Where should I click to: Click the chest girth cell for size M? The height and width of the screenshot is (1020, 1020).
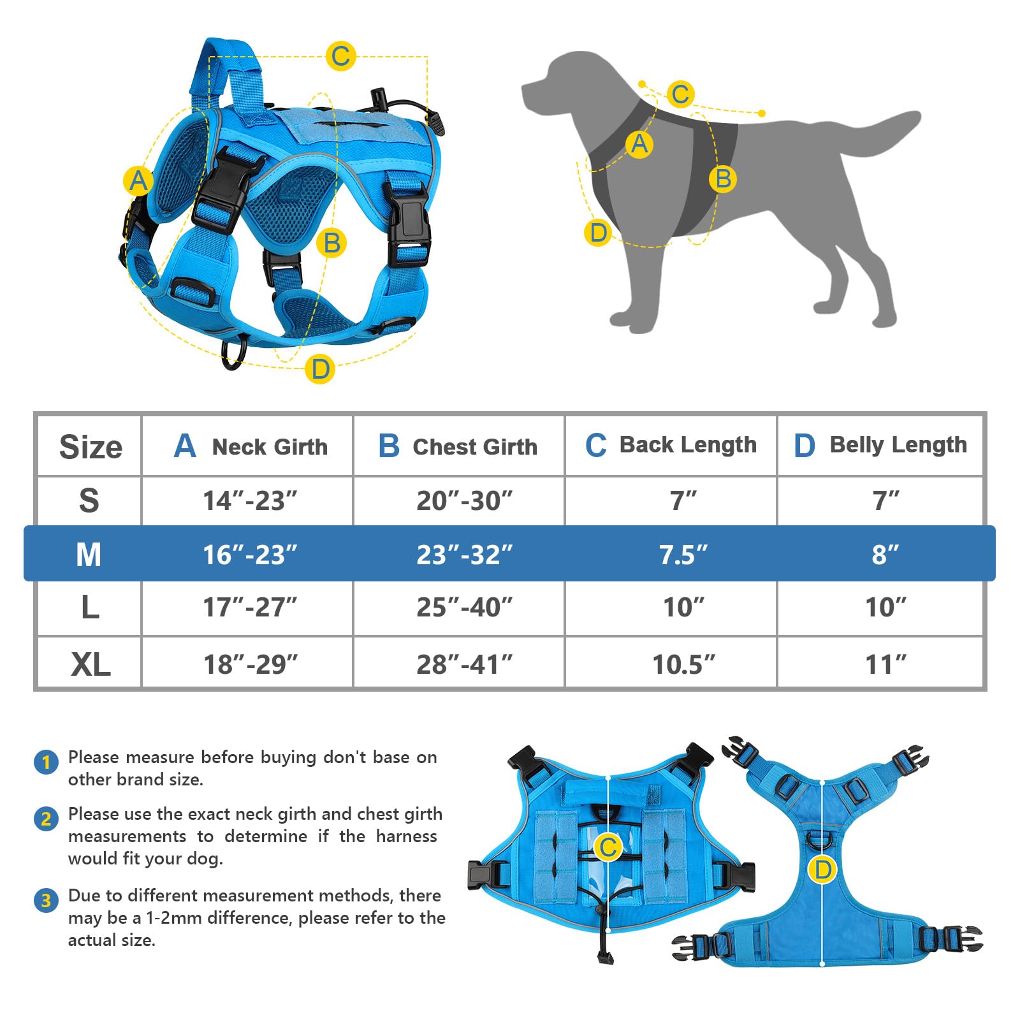pos(464,555)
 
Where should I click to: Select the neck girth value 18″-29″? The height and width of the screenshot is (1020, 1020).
pos(250,664)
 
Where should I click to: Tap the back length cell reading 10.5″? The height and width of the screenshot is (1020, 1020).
pos(683,664)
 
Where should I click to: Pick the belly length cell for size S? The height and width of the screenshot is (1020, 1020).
pos(885,500)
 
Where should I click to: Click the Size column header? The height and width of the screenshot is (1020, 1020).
pos(90,446)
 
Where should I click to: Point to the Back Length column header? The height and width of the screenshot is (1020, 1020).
pos(671,444)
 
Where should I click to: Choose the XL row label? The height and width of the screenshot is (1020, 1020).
pos(90,664)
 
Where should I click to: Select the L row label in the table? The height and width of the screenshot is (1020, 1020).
pos(90,608)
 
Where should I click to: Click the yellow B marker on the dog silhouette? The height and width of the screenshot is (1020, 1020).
pos(722,178)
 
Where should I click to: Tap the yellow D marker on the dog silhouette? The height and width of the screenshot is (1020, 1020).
pos(598,233)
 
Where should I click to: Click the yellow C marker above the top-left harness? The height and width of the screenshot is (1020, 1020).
pos(340,55)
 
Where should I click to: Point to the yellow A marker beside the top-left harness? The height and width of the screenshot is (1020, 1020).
pos(138,181)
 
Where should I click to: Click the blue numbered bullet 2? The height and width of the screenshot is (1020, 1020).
pos(46,819)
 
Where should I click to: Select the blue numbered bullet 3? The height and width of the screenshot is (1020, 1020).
pos(46,900)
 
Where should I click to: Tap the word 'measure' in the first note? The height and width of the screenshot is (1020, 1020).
pos(159,757)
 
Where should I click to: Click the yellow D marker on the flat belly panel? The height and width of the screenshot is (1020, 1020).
pos(822,870)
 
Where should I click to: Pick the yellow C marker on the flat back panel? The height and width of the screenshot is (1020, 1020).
pos(608,847)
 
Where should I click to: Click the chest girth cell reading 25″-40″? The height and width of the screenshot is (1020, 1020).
pos(464,608)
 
